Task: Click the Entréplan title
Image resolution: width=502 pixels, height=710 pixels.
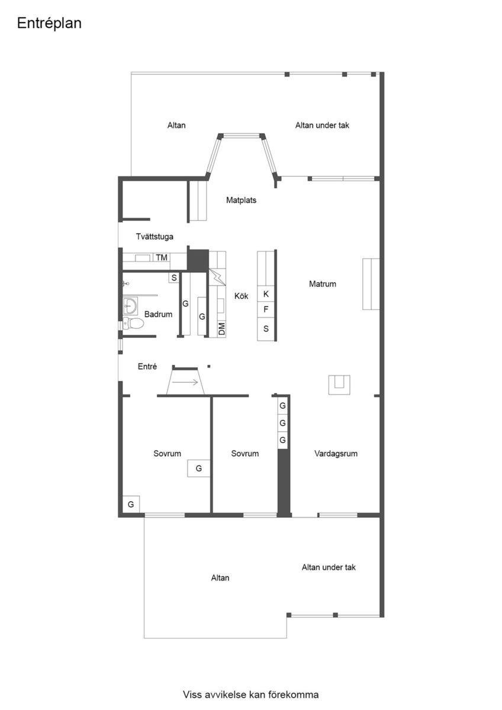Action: pyautogui.click(x=49, y=24)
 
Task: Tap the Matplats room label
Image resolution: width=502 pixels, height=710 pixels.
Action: pyautogui.click(x=241, y=201)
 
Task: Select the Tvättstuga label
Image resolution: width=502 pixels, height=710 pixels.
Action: pyautogui.click(x=155, y=237)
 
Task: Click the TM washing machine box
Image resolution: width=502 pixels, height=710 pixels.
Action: pyautogui.click(x=162, y=257)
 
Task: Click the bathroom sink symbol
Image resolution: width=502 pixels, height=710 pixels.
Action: pyautogui.click(x=130, y=306)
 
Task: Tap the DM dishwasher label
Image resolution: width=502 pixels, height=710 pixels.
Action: pyautogui.click(x=221, y=329)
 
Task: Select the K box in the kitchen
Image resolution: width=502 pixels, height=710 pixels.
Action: pyautogui.click(x=266, y=294)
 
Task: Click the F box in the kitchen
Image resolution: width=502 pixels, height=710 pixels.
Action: pyautogui.click(x=266, y=309)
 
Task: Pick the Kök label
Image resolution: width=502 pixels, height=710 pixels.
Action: pyautogui.click(x=241, y=296)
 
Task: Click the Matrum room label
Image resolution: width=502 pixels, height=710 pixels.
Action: pyautogui.click(x=323, y=284)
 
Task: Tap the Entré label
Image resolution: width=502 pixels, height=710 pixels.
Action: pyautogui.click(x=147, y=367)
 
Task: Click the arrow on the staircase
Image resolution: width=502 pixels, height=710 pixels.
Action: pyautogui.click(x=185, y=382)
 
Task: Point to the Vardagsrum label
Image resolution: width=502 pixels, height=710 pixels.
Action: pyautogui.click(x=336, y=454)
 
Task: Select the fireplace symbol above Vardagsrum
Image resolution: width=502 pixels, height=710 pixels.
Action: pyautogui.click(x=339, y=385)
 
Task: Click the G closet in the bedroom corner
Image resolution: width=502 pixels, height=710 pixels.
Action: pyautogui.click(x=131, y=504)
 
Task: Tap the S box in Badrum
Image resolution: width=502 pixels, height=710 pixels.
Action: pyautogui.click(x=174, y=278)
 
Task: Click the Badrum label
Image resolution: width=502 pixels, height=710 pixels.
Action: pyautogui.click(x=158, y=314)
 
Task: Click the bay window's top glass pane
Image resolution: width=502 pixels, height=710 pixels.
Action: pyautogui.click(x=242, y=136)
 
